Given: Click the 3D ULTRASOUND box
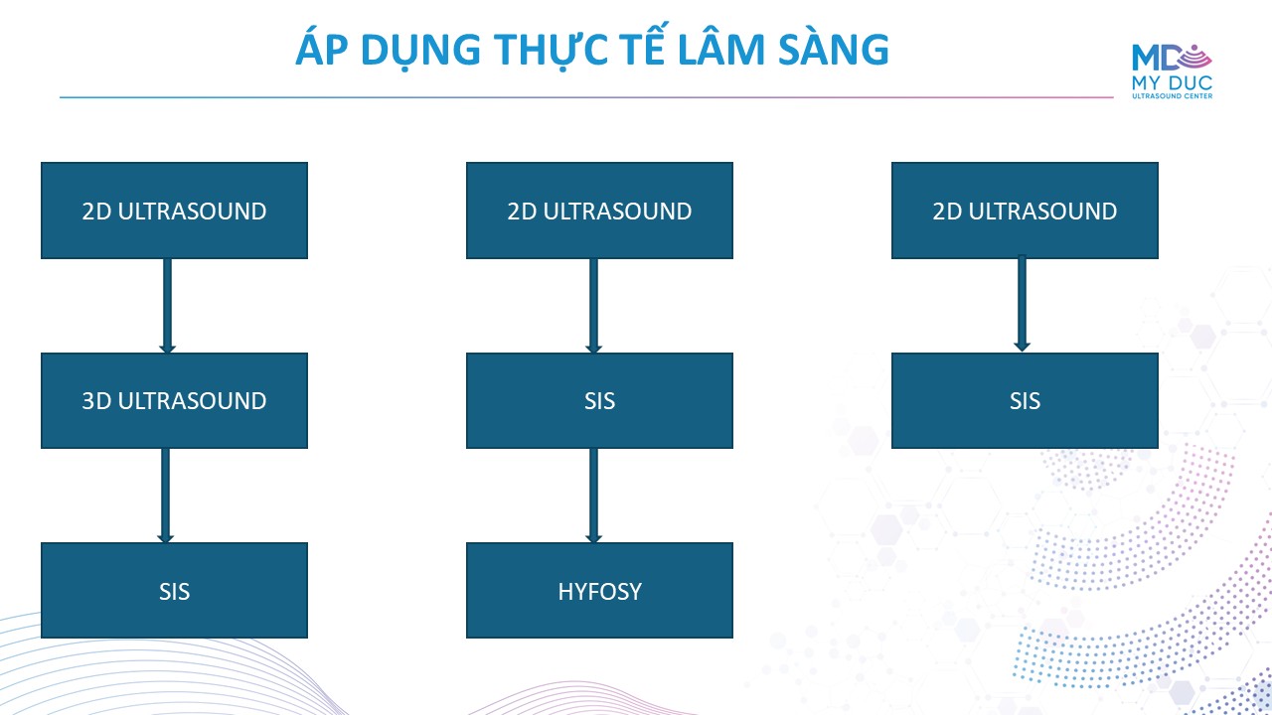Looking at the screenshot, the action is click(x=174, y=400).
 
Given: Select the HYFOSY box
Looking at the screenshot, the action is click(x=599, y=590).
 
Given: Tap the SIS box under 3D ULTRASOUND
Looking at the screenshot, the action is click(x=174, y=590).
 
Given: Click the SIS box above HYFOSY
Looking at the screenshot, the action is click(x=599, y=400).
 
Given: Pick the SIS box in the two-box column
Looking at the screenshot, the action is click(x=1025, y=400).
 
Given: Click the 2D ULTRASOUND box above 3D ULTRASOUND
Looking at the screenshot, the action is click(x=174, y=211).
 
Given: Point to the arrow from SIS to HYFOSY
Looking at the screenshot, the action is click(x=593, y=496).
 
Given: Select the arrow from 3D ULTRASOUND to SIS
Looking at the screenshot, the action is click(x=165, y=496).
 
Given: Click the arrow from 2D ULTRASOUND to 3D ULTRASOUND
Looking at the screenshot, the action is click(x=168, y=306).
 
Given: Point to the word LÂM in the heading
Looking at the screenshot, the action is click(x=721, y=48).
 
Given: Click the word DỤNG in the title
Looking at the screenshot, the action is click(x=420, y=51).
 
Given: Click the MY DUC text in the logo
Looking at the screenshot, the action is click(x=1172, y=82).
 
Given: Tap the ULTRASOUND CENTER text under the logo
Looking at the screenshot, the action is click(x=1172, y=96).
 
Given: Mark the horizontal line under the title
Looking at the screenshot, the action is click(x=586, y=97).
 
